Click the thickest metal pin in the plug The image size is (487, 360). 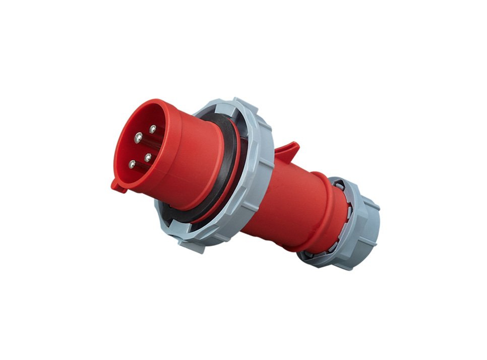point(138,136)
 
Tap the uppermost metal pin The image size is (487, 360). point(152,129)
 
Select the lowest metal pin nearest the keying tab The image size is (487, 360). point(132,164)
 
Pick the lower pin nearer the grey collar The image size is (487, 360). point(148,157)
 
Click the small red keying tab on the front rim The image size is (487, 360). point(118,186)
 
